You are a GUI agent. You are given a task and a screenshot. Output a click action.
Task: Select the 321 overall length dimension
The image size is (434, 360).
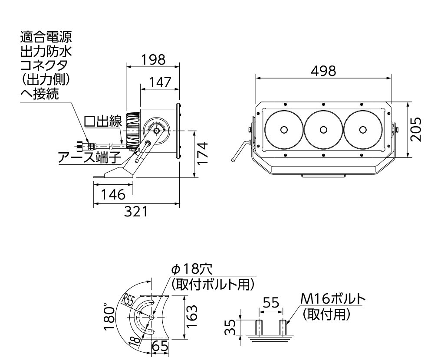tap(137, 212)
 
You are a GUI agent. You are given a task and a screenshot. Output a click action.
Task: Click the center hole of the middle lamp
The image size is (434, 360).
tap(323, 129)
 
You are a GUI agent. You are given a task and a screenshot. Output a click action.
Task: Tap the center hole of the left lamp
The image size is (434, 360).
tap(284, 129)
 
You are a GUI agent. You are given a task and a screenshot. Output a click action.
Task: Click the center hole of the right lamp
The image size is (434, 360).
tap(363, 129)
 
